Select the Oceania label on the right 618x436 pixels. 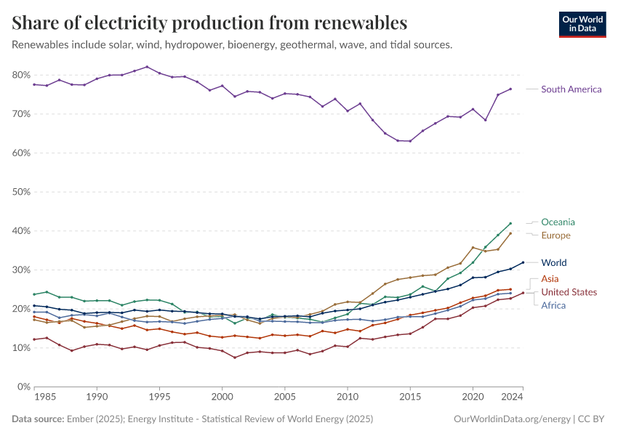click(x=558, y=222)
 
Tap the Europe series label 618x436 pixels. click(x=555, y=235)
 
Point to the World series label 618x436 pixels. click(x=554, y=263)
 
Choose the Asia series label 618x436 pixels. click(x=550, y=279)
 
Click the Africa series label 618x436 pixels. click(x=553, y=305)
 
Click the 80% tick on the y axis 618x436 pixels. click(x=20, y=75)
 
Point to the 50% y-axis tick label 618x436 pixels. click(x=20, y=192)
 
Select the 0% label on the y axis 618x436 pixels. click(x=23, y=387)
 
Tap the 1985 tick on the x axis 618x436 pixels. click(x=46, y=397)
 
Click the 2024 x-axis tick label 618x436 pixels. click(x=512, y=397)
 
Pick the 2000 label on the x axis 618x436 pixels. click(x=222, y=397)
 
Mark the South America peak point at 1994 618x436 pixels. click(x=147, y=67)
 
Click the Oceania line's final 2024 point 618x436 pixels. click(x=510, y=223)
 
